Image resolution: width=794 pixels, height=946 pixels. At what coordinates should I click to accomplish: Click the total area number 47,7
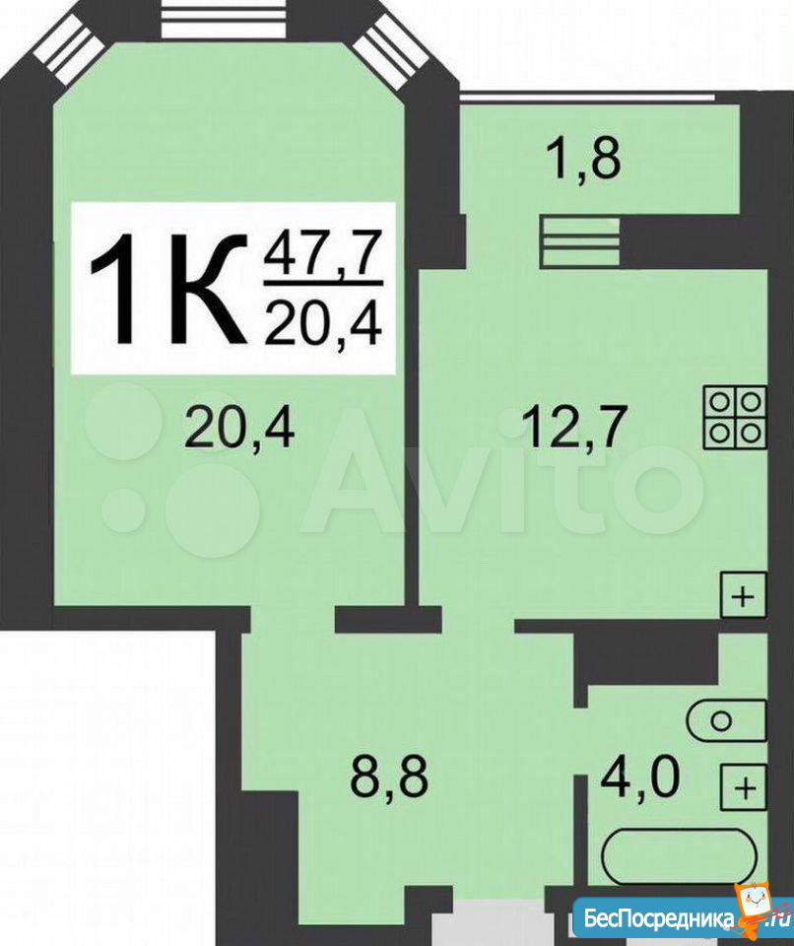(x=323, y=253)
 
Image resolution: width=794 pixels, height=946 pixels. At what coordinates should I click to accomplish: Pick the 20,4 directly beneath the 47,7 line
(x=323, y=323)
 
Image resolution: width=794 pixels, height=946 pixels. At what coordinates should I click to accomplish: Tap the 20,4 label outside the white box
(x=240, y=427)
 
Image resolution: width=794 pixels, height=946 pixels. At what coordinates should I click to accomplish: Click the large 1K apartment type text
(x=168, y=290)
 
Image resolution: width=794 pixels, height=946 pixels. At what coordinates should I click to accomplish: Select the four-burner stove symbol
(x=735, y=418)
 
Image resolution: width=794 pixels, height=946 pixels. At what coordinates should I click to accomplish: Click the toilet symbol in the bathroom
(x=728, y=720)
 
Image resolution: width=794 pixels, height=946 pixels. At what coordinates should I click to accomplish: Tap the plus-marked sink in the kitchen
(x=744, y=595)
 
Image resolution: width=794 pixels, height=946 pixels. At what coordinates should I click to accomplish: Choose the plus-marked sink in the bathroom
(x=745, y=786)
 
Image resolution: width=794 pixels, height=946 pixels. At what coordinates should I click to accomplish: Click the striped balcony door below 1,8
(x=580, y=242)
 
